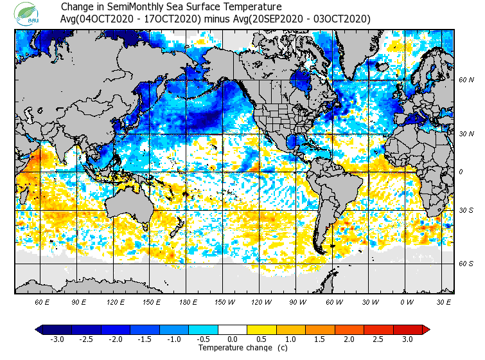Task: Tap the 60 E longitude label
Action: point(42,301)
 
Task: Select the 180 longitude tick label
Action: point(188,301)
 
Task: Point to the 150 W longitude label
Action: point(224,301)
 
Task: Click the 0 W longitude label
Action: point(406,301)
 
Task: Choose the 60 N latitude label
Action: point(466,80)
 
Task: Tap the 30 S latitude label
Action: point(466,211)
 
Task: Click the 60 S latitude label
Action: point(466,264)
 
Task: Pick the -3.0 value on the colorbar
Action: point(58,339)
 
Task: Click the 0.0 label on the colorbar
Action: point(232,339)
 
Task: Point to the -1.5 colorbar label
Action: point(145,339)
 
